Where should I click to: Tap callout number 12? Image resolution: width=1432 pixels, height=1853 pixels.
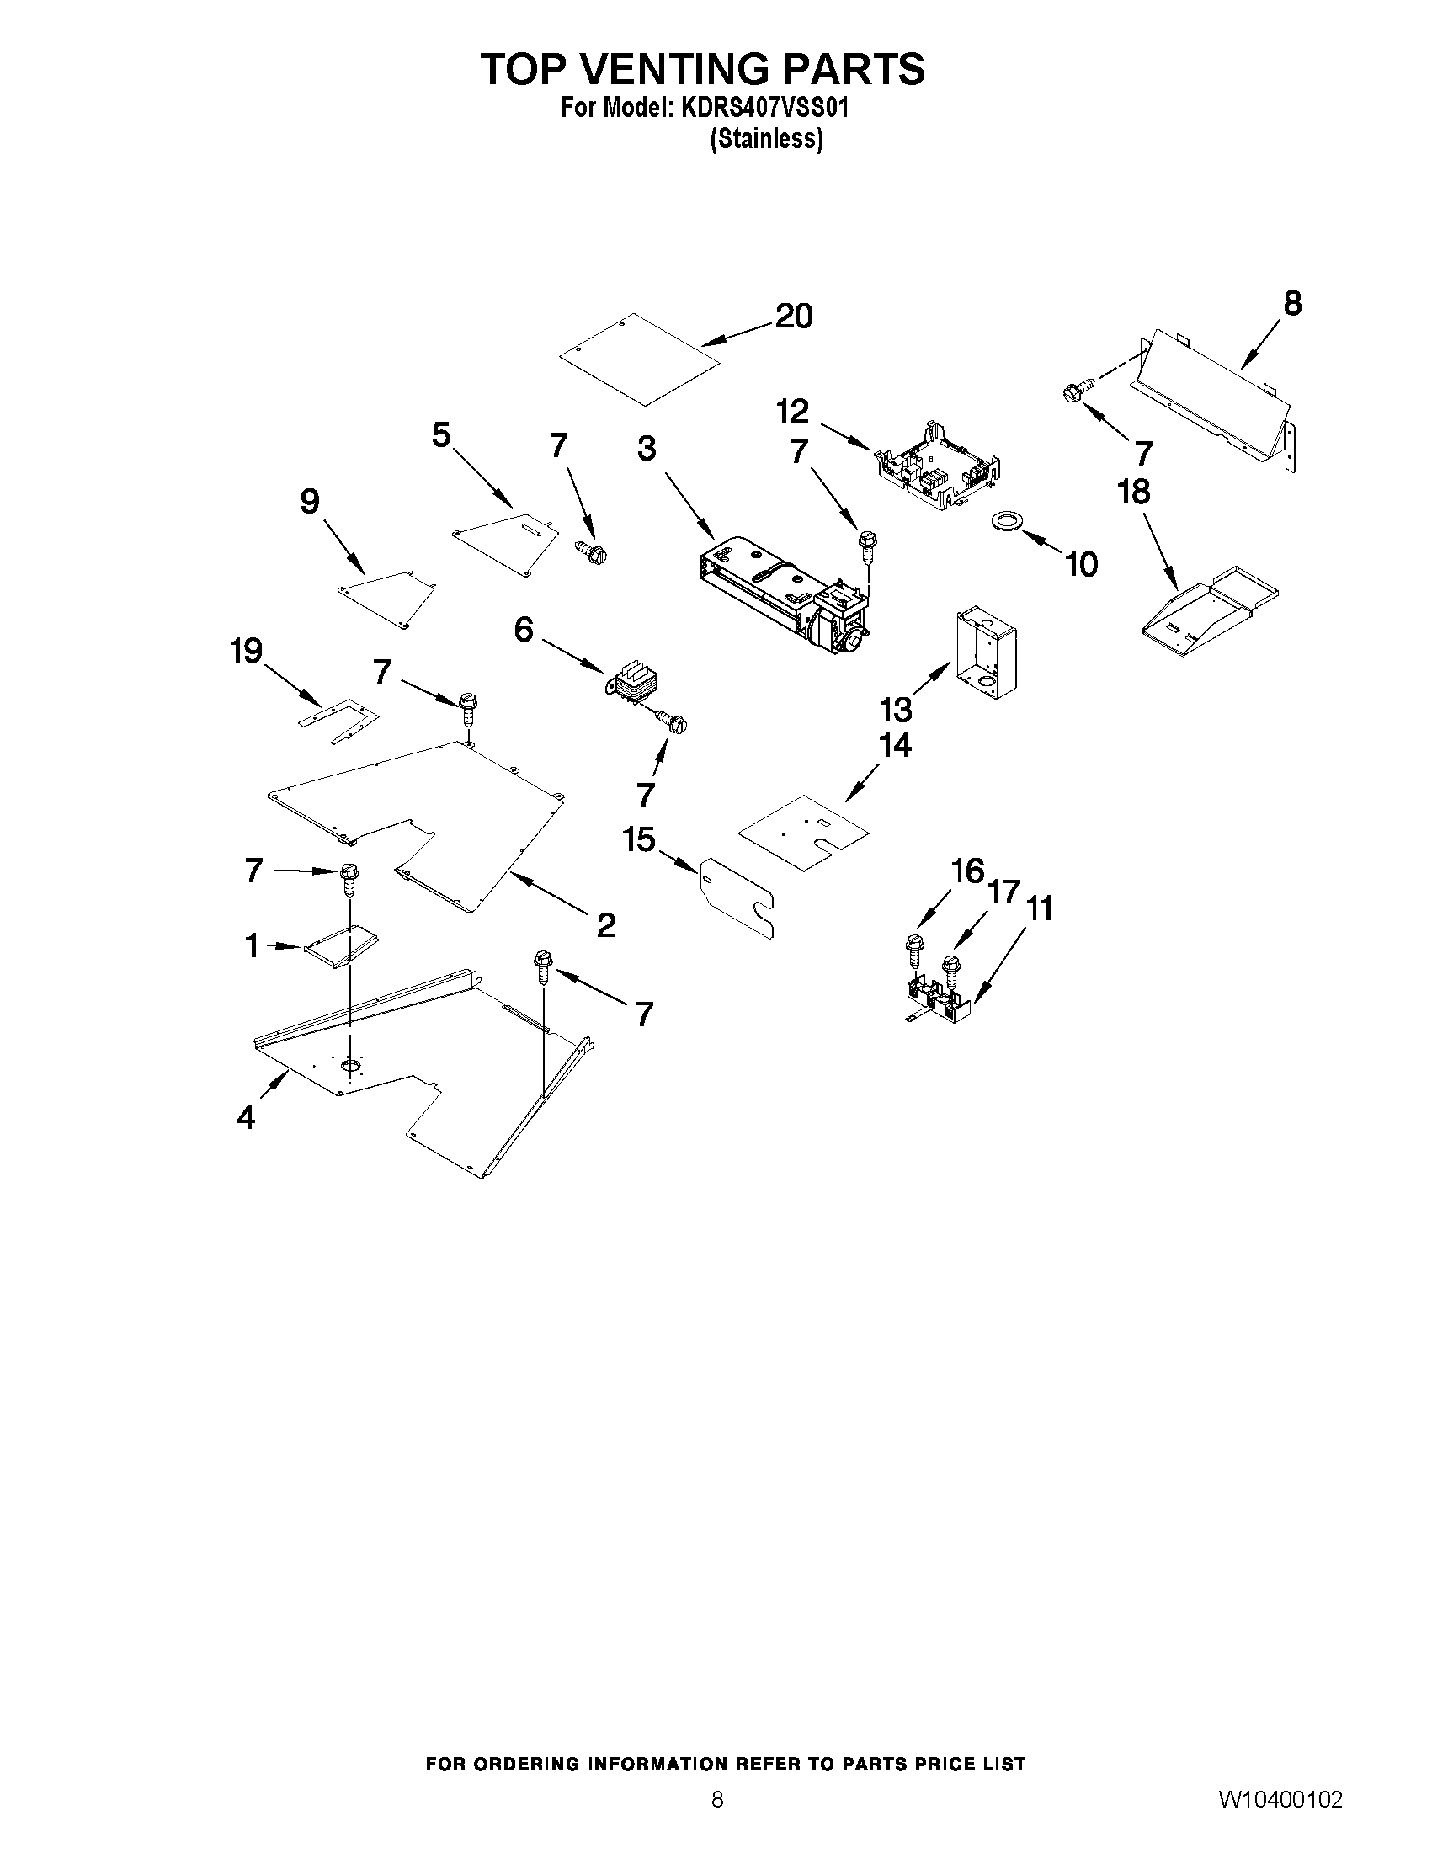[792, 413]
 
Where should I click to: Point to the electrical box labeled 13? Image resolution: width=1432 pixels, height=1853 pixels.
[987, 651]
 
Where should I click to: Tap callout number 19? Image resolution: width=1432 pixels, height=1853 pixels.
[246, 651]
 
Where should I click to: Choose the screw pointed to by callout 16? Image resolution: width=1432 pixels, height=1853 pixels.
[914, 951]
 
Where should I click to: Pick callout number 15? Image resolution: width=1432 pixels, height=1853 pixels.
[639, 840]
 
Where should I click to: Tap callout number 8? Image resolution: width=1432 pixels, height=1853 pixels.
[1292, 304]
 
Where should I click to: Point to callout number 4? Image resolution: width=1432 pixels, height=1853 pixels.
[246, 1118]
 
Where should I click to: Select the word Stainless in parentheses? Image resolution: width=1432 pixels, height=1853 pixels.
[766, 139]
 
